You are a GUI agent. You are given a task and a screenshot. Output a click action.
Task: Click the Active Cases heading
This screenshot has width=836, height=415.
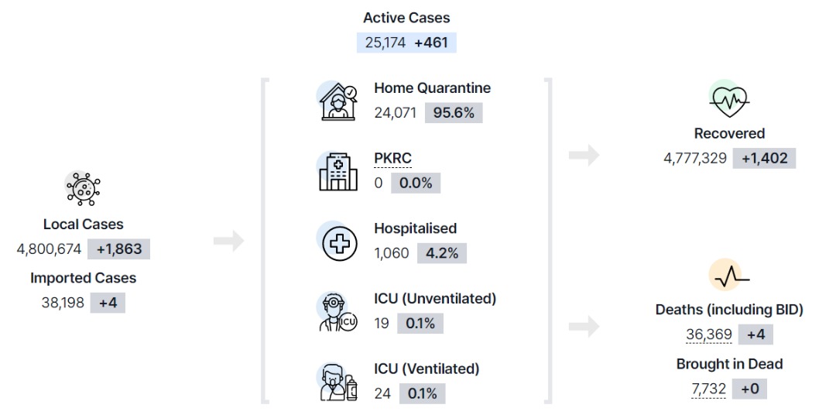(x=406, y=18)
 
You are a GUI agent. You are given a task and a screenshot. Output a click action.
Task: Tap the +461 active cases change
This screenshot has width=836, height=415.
(x=431, y=43)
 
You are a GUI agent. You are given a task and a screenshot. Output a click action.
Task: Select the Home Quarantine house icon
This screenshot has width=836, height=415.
(x=338, y=101)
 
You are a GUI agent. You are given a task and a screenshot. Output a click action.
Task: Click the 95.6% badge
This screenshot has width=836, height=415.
(x=454, y=113)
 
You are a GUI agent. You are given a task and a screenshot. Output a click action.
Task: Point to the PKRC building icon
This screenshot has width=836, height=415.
(x=338, y=172)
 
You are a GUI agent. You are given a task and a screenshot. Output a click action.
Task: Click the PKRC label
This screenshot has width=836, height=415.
(x=393, y=159)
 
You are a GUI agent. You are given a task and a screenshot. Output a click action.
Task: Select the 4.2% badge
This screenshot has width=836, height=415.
(x=442, y=253)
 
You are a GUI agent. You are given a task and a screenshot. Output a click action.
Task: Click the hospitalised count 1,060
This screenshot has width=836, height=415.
(x=392, y=253)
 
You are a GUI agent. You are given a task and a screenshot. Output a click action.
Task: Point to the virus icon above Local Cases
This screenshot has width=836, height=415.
(x=84, y=188)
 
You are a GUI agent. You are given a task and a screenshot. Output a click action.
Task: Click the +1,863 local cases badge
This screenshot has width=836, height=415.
(x=119, y=249)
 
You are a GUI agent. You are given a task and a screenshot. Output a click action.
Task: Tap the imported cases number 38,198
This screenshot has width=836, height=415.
(x=63, y=303)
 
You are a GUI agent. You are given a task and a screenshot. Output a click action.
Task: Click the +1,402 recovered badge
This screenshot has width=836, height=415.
(x=764, y=159)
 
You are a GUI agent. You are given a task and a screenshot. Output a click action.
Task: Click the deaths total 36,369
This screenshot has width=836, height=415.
(x=708, y=335)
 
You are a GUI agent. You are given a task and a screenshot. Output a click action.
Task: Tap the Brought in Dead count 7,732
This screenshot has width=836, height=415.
(x=708, y=389)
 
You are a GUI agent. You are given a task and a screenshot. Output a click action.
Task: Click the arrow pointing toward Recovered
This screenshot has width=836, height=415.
(x=584, y=155)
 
